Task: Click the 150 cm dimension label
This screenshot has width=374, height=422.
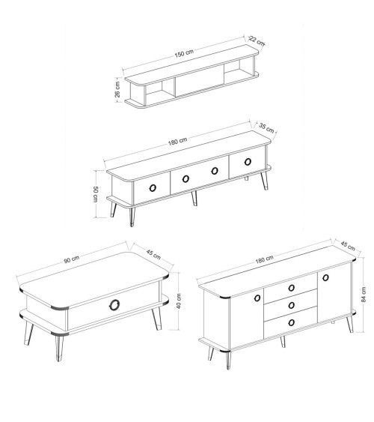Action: pyautogui.click(x=184, y=53)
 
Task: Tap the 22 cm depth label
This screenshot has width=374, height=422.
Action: pyautogui.click(x=257, y=40)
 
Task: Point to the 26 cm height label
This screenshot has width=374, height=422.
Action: pyautogui.click(x=117, y=89)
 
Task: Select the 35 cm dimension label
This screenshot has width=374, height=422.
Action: pyautogui.click(x=266, y=128)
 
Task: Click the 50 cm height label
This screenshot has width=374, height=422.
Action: pyautogui.click(x=95, y=194)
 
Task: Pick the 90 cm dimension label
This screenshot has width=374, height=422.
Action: pyautogui.click(x=72, y=259)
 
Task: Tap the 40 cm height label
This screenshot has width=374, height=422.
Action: pyautogui.click(x=180, y=301)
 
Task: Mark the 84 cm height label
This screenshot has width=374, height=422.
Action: pyautogui.click(x=364, y=295)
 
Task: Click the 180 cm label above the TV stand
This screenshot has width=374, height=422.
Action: pyautogui.click(x=177, y=141)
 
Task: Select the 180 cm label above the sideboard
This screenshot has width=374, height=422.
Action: pyautogui.click(x=265, y=259)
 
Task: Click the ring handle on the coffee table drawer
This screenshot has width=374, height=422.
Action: pyautogui.click(x=114, y=304)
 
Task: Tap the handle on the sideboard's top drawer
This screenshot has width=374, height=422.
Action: pyautogui.click(x=291, y=288)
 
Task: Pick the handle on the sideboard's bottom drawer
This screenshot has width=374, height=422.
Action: pyautogui.click(x=291, y=322)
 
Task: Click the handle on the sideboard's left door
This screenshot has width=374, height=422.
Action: pyautogui.click(x=257, y=298)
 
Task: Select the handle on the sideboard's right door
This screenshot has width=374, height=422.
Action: pyautogui.click(x=325, y=277)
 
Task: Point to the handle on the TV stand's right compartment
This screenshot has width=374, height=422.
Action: pyautogui.click(x=248, y=161)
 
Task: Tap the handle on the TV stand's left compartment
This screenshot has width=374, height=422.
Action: pyautogui.click(x=153, y=188)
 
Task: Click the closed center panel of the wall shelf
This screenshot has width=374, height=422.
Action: pyautogui.click(x=200, y=79)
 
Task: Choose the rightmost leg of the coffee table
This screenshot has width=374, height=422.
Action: pyautogui.click(x=157, y=318)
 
